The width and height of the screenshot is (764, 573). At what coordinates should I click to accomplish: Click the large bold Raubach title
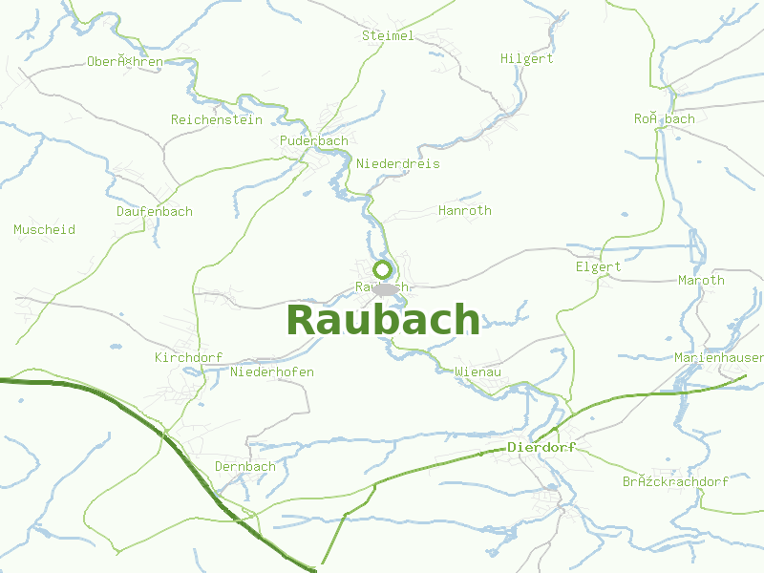coord(383,320)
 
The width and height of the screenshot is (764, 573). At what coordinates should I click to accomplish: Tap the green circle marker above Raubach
coord(382,269)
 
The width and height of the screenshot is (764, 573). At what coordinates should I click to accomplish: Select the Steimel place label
coord(388,36)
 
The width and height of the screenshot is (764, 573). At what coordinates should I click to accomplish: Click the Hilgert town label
coord(526,59)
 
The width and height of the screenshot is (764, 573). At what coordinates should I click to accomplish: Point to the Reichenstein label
coord(216,120)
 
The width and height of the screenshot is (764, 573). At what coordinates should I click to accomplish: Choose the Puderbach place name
coord(314,141)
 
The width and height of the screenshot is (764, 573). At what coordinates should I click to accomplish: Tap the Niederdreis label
coord(398,164)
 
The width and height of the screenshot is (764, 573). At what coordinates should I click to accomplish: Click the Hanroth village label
coord(464,211)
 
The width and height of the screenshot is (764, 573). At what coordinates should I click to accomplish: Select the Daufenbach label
coord(154,212)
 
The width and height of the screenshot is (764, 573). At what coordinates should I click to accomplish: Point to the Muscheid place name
coord(44,230)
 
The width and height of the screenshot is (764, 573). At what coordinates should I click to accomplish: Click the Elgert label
coord(598,267)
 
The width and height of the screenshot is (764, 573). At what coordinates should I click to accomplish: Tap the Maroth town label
coord(701,281)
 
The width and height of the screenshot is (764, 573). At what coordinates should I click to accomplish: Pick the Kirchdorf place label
coord(188,358)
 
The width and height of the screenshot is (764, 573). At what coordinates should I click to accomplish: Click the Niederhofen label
coord(272,372)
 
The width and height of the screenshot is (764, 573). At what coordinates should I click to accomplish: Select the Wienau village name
coord(478,371)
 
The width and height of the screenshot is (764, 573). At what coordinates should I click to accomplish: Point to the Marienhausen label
coord(718,358)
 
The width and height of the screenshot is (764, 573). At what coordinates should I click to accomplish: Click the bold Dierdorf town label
coord(541,447)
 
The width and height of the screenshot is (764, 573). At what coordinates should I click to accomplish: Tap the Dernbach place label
coord(244,467)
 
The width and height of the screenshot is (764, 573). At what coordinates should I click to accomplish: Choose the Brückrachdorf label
coord(675,482)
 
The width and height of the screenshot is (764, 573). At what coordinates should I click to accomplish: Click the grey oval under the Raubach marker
coord(384,288)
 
